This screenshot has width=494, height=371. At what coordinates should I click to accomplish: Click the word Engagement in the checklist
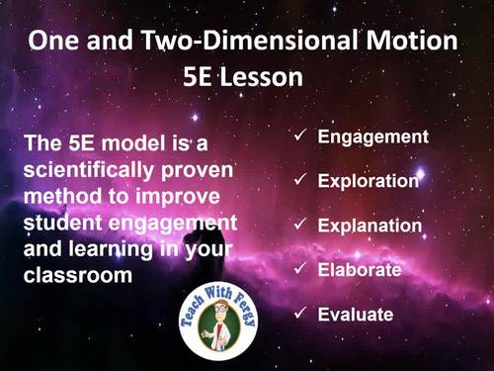click(372, 137)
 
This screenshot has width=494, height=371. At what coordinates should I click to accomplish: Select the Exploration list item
click(369, 181)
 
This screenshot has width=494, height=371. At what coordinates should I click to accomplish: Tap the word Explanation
click(370, 226)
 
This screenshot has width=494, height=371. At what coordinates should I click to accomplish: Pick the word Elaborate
click(359, 270)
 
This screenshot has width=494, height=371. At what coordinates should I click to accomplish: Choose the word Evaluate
click(356, 315)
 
